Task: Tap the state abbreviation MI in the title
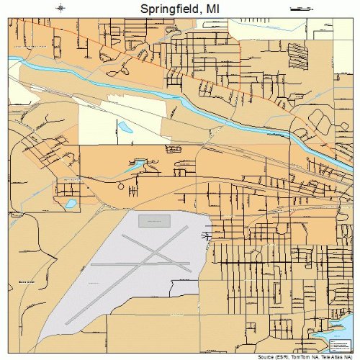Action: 213,9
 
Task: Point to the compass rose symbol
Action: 60,8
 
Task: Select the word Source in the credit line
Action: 265,356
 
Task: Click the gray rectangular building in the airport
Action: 154,221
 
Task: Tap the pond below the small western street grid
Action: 71,204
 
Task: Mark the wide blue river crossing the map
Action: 180,97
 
